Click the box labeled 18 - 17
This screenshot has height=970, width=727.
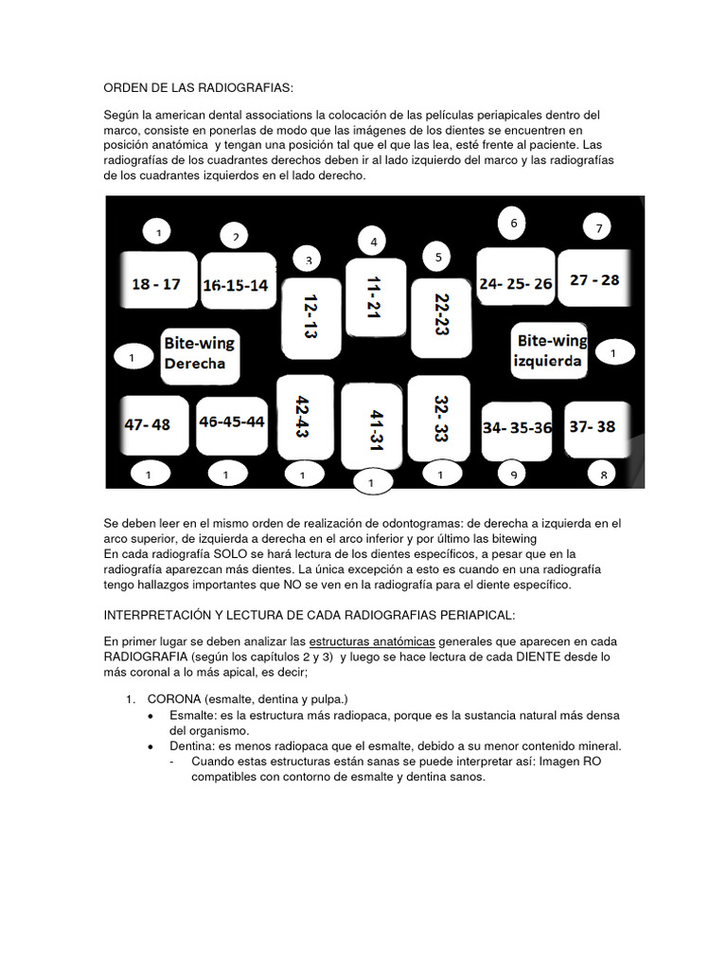coord(156,282)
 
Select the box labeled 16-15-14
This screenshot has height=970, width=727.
coord(236,283)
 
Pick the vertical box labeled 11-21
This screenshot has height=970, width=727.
coord(375,296)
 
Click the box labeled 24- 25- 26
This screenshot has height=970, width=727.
coord(516,281)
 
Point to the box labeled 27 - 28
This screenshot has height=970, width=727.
coord(594,278)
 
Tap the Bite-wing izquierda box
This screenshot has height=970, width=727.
coord(551,350)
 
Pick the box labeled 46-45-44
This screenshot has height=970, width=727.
coord(232,423)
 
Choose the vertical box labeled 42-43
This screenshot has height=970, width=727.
coord(303,417)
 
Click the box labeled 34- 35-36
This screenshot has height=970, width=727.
coord(517,428)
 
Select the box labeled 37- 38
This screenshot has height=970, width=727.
coord(593,426)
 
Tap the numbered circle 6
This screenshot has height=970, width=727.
coord(512,224)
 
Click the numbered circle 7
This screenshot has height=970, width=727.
coord(598,227)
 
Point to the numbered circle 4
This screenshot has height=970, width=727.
coord(374,242)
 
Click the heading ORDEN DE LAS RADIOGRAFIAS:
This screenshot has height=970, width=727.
coord(199,88)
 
